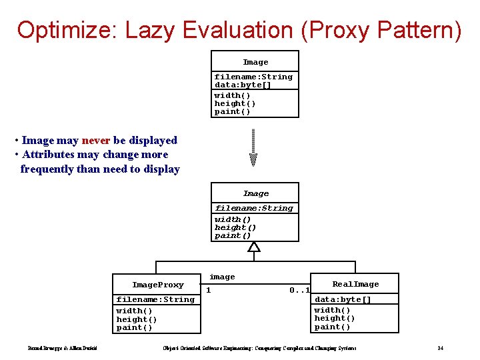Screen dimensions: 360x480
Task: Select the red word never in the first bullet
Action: click(96, 141)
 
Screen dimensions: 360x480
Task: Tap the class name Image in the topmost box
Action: click(255, 62)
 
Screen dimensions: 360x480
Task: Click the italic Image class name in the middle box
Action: click(255, 193)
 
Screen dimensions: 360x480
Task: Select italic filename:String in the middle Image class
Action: click(253, 208)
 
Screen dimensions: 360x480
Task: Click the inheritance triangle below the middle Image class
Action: click(254, 247)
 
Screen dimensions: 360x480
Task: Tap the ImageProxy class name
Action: click(157, 285)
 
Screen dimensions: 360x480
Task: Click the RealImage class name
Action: click(355, 284)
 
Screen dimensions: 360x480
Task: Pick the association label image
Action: click(222, 277)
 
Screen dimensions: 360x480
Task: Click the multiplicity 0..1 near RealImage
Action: click(299, 290)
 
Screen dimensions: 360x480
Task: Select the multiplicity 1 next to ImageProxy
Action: click(209, 290)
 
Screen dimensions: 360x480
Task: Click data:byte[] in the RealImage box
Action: click(343, 300)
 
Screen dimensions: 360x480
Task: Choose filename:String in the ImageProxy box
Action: click(155, 299)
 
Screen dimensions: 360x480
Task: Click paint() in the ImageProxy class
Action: click(135, 327)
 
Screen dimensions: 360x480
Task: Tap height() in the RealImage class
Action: click(335, 319)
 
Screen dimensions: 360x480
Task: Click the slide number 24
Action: click(440, 348)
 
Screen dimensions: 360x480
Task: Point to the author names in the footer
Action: click(63, 348)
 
